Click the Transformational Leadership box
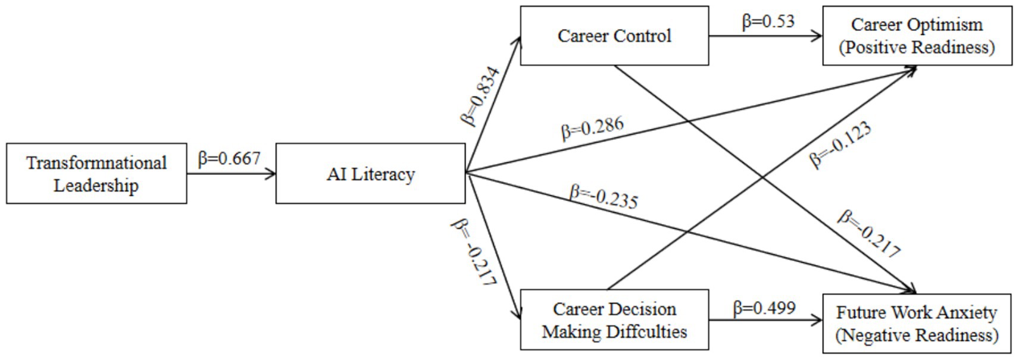pos(96,173)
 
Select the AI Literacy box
pos(370,173)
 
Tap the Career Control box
pos(614,36)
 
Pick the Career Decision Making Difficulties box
pos(614,320)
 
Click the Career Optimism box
pos(917,36)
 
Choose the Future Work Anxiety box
pos(917,323)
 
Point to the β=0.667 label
pos(229,158)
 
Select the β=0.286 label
pos(592,127)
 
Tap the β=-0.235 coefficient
pos(604,197)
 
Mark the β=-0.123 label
pos(840,145)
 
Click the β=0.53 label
pos(768,21)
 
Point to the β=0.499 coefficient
pos(764,308)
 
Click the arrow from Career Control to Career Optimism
pos(765,36)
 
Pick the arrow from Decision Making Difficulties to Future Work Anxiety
pos(765,320)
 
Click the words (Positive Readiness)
pos(917,47)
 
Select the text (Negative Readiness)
pos(917,335)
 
